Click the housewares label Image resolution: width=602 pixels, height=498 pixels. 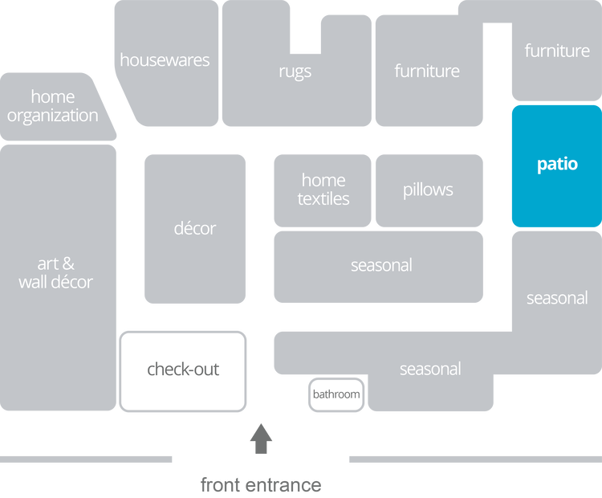pyautogui.click(x=165, y=60)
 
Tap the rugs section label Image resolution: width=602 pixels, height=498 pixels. pyautogui.click(x=295, y=71)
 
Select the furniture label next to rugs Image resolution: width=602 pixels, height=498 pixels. pyautogui.click(x=427, y=71)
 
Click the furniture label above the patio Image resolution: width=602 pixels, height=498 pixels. pyautogui.click(x=557, y=51)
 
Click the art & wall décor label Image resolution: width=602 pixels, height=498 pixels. pyautogui.click(x=55, y=273)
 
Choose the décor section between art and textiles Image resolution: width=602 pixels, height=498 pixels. pyautogui.click(x=195, y=229)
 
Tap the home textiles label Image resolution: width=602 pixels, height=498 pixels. pyautogui.click(x=323, y=190)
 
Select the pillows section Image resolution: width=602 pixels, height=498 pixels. pyautogui.click(x=428, y=190)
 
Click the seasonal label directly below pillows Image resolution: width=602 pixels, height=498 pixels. pyautogui.click(x=381, y=265)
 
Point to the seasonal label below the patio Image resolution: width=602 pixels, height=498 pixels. pyautogui.click(x=557, y=299)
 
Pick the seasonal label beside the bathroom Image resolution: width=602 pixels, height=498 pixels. pyautogui.click(x=430, y=369)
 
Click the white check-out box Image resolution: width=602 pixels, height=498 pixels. pyautogui.click(x=183, y=370)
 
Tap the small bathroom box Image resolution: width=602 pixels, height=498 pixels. pyautogui.click(x=336, y=394)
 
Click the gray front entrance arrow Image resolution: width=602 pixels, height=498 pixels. pyautogui.click(x=261, y=439)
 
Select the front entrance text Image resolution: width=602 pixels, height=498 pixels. pyautogui.click(x=261, y=484)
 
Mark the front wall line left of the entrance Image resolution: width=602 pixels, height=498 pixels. pyautogui.click(x=87, y=459)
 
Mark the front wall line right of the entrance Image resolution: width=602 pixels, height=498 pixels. pyautogui.click(x=474, y=459)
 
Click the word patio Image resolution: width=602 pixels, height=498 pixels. pyautogui.click(x=557, y=165)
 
